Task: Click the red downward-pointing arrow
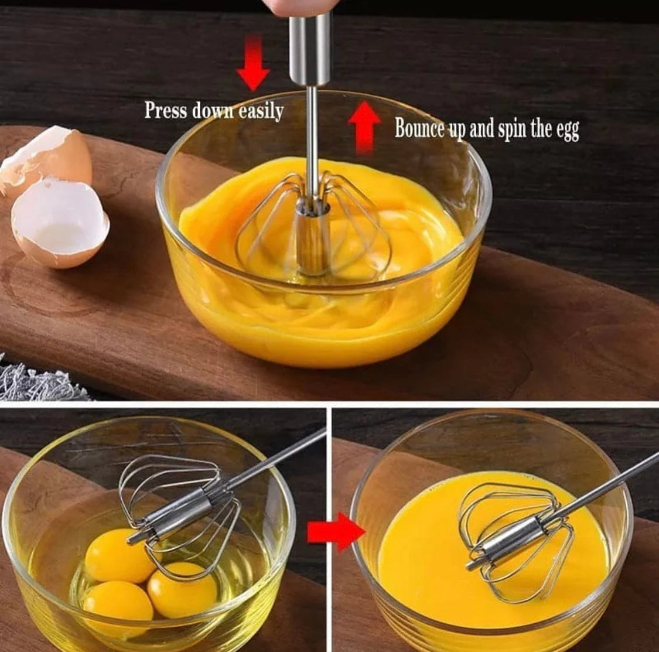coord(252,63)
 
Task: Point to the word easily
coord(261,111)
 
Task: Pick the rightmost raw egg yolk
coord(181,589)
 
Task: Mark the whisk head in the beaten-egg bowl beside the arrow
coord(515,539)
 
